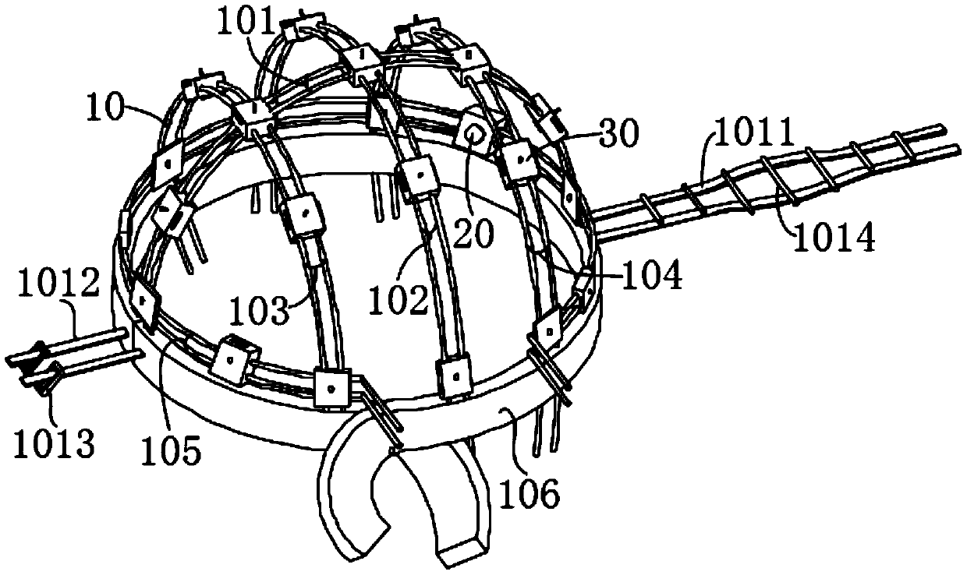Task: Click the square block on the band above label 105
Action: [x=232, y=358]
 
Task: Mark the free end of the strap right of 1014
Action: [x=940, y=136]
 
